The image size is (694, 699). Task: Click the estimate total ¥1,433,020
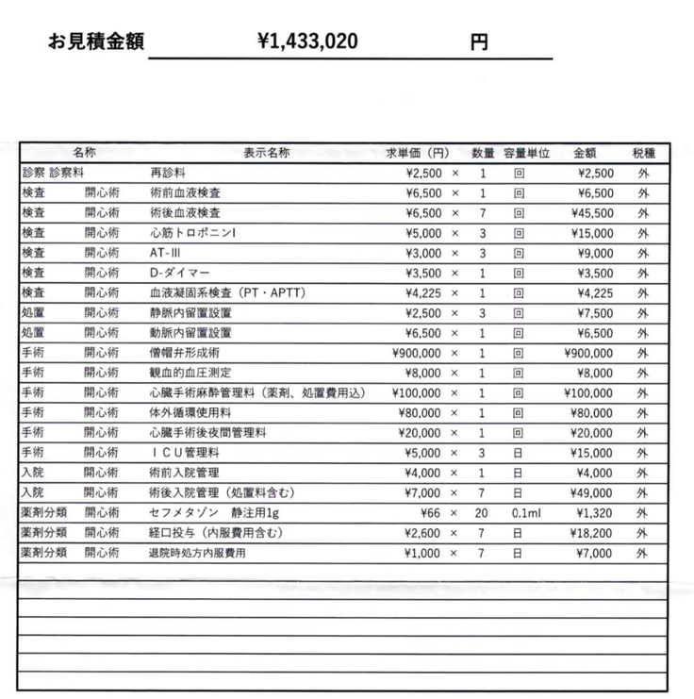coord(306,42)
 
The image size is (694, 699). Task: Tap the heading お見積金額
coord(96,42)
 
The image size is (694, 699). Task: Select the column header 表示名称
coord(267,153)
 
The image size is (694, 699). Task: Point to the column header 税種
coord(644,153)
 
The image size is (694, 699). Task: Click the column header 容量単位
coord(526,153)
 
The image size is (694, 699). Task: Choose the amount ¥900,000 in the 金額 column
coord(588,353)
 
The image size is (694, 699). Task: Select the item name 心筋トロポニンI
coord(193,233)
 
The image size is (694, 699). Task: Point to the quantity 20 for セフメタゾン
coord(482,513)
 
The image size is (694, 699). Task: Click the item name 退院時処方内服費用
coord(197,554)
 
